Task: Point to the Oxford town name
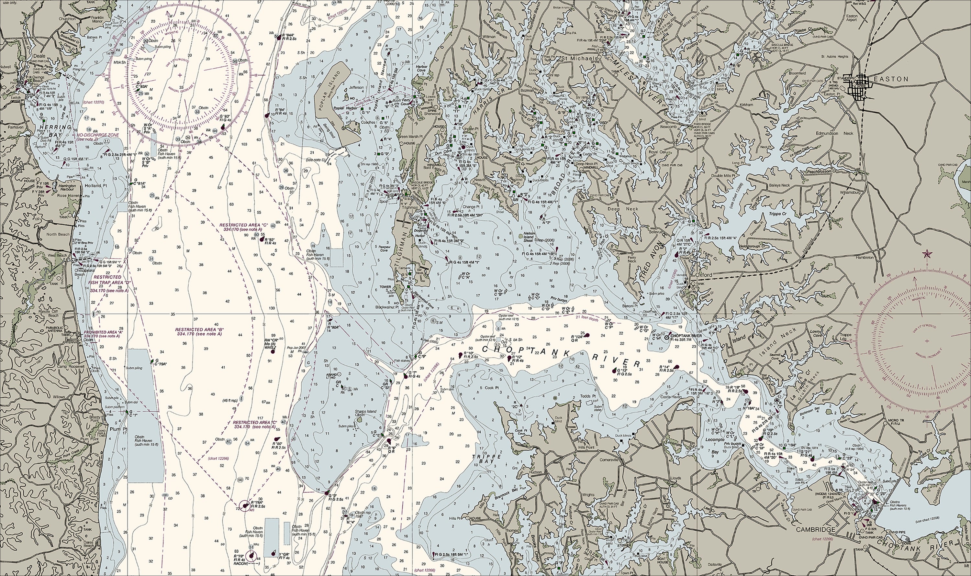coord(704,275)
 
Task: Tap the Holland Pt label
coord(93,185)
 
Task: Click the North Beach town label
coord(58,234)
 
